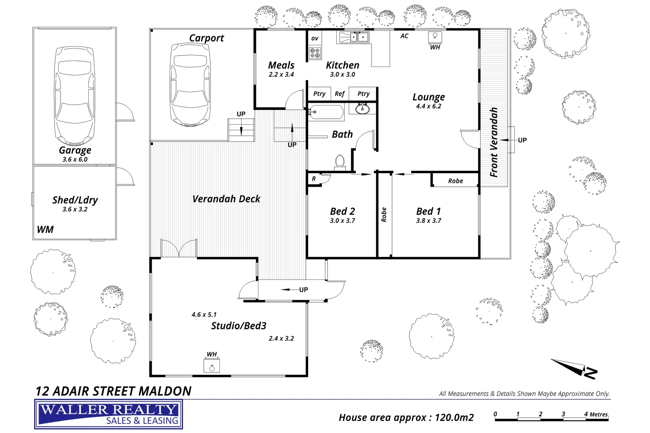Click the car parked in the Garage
coord(75,96)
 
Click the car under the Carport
coord(190,85)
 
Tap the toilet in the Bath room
coord(340,162)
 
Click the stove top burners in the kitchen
coord(315,53)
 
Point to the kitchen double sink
coord(359,37)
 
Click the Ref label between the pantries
coord(339,94)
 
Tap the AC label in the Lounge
coord(404,36)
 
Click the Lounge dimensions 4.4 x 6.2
coord(429,106)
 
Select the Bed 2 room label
coord(342,211)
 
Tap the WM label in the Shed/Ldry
coord(45,229)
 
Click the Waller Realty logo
coord(108,414)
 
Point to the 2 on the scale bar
coord(540,414)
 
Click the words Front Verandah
coord(494,142)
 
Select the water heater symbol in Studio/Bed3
coord(211,365)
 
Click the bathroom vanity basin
coord(362,109)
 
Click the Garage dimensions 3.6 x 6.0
coord(75,159)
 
